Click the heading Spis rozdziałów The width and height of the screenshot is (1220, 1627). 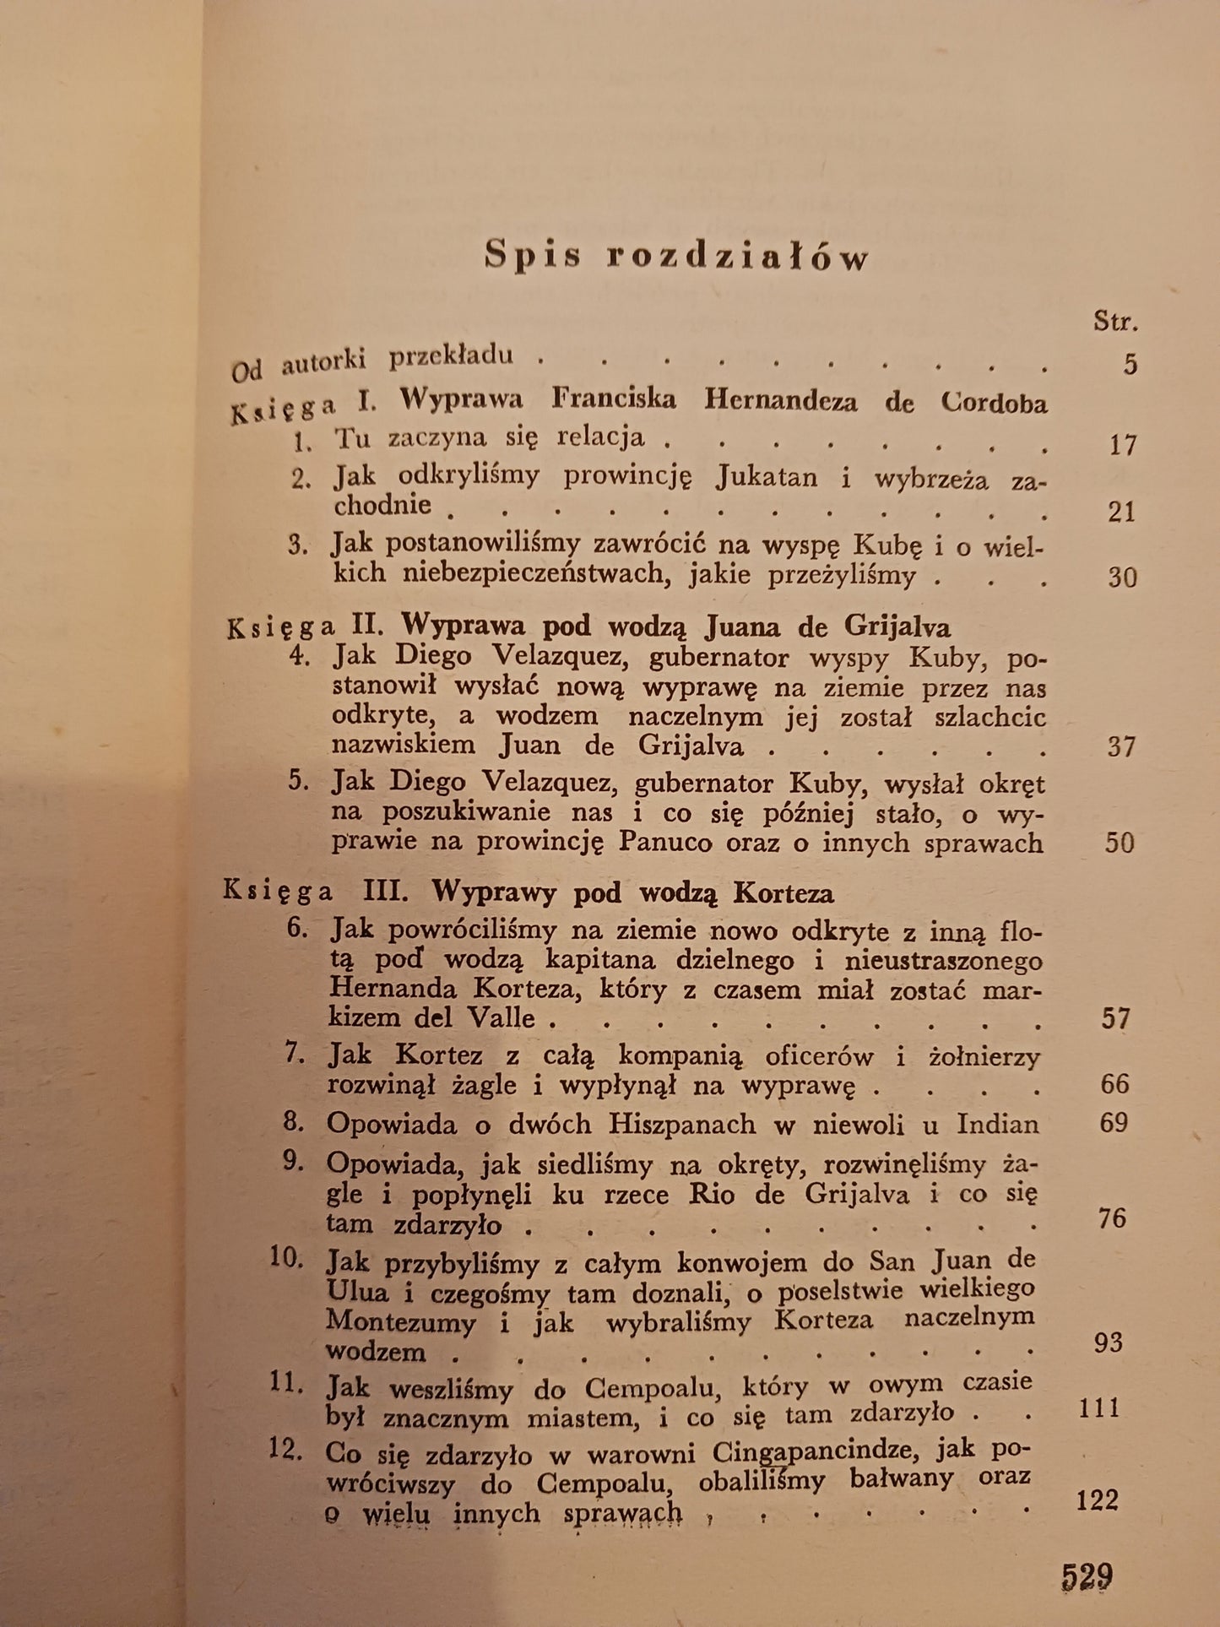(676, 256)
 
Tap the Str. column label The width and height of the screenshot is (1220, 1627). (1115, 321)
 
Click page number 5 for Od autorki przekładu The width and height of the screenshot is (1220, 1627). (1130, 364)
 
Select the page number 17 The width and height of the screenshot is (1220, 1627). (1123, 444)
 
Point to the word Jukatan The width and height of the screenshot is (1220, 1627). (767, 477)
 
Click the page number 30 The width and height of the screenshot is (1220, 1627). (1122, 578)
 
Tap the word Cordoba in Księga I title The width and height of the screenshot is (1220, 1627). (994, 402)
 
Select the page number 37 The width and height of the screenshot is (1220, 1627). (1121, 746)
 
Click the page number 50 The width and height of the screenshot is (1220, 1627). (1120, 843)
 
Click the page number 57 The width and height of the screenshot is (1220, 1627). (1115, 1018)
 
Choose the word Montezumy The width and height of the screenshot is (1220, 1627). (401, 1321)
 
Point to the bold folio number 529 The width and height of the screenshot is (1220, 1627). (1087, 1575)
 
